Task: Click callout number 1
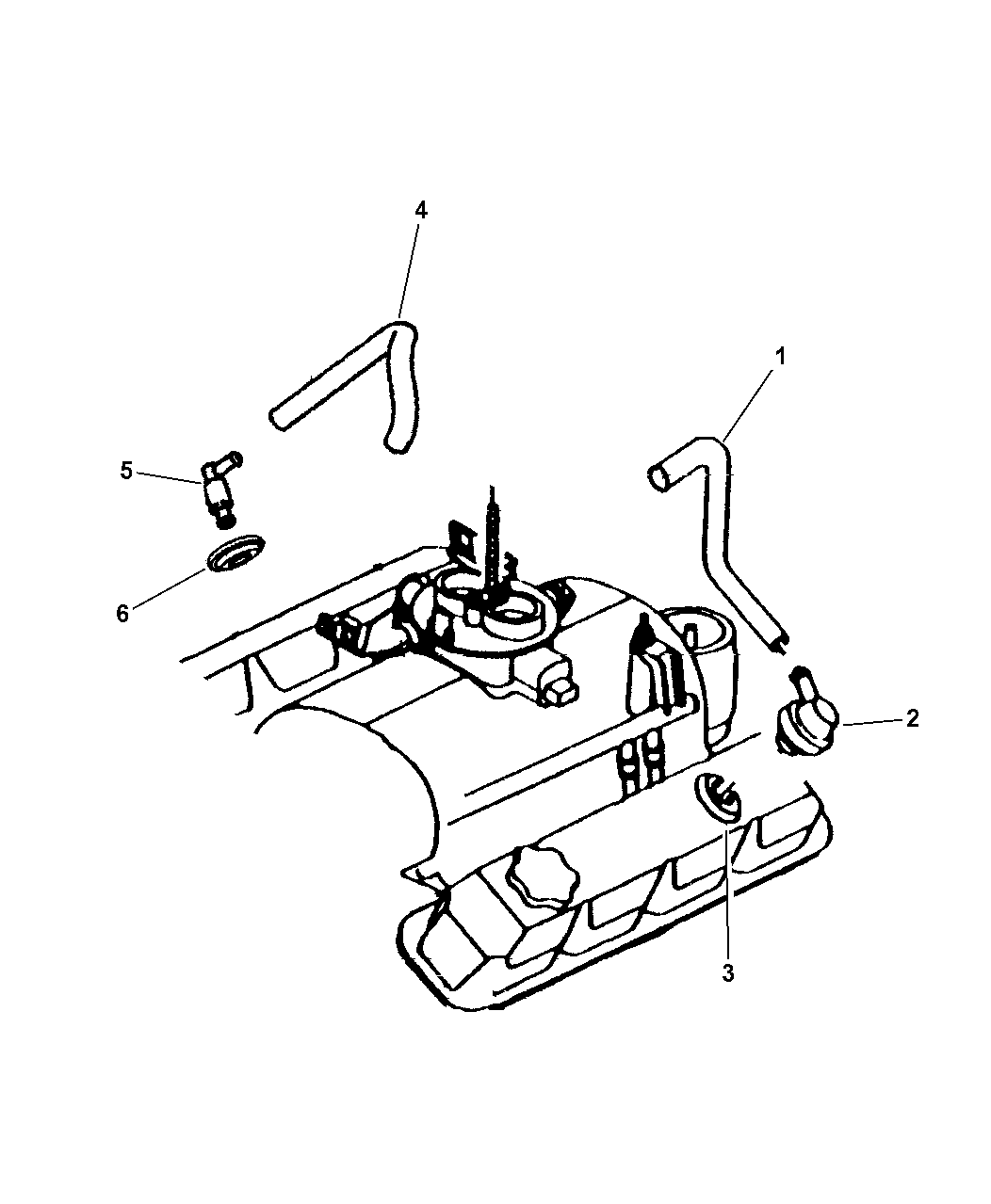click(780, 357)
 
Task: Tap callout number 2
click(913, 718)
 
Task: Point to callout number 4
click(420, 211)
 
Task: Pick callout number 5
click(125, 471)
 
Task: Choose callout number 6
click(122, 614)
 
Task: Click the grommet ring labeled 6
click(236, 552)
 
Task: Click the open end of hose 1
click(658, 477)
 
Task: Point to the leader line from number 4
click(410, 270)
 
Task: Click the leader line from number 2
click(871, 722)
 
